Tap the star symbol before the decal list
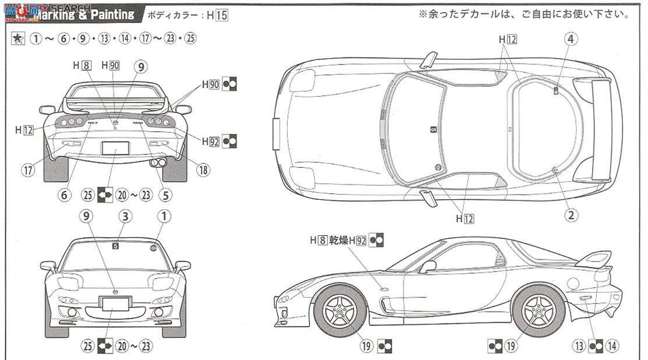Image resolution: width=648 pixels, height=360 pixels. (17, 38)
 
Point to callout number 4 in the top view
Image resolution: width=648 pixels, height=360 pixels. (570, 39)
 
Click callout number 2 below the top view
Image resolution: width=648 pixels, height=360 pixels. (570, 215)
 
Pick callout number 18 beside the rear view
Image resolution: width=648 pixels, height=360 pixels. (203, 170)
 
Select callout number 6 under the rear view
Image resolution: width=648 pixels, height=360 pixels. (65, 195)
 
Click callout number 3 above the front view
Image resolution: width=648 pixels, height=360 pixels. (125, 217)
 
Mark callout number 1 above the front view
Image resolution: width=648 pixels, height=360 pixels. (164, 217)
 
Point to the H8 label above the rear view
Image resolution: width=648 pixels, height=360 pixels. (82, 66)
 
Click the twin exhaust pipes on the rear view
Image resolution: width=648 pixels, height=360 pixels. (156, 163)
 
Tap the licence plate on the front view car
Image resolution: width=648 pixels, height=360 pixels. (115, 303)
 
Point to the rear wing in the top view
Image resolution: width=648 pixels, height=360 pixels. (606, 129)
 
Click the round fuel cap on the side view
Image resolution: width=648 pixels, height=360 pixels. (573, 284)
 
